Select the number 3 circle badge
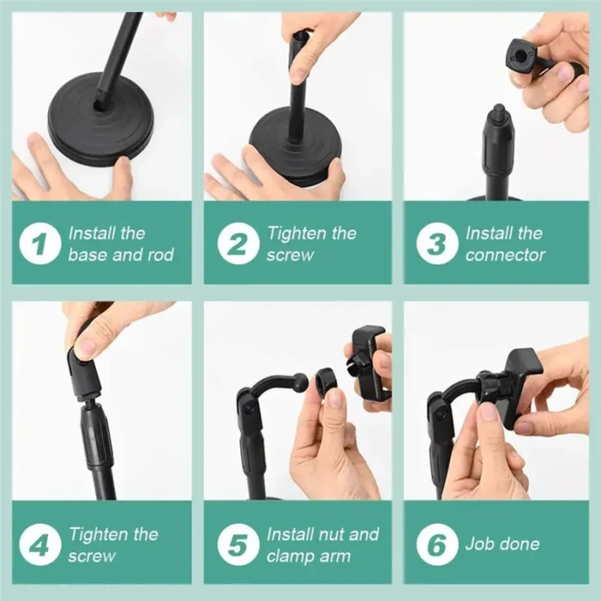tap(437, 244)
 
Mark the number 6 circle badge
tap(437, 544)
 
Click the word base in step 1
tap(86, 255)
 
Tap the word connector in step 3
tap(505, 255)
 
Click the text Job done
tap(502, 544)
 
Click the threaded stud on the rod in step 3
tap(497, 112)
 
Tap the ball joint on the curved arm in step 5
tap(300, 381)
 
